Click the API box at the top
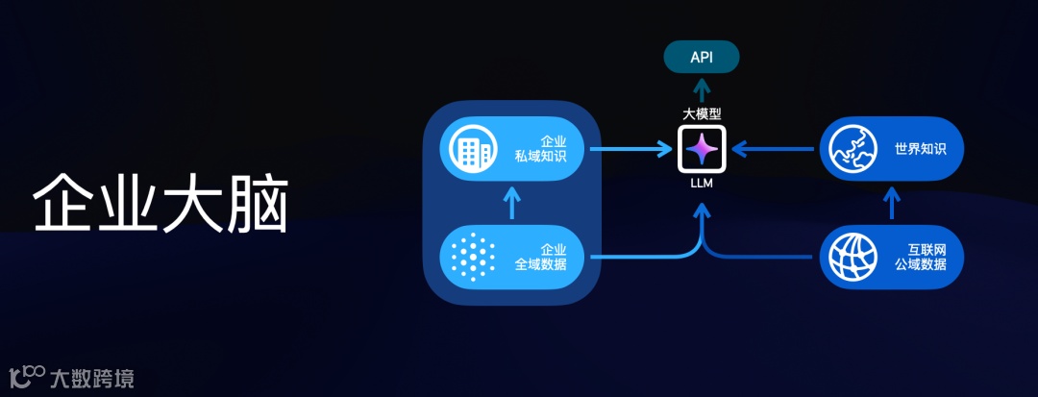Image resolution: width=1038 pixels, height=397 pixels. point(702,58)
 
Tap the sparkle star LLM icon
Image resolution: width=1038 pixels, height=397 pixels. point(701,149)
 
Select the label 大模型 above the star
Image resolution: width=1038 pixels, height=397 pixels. point(702,113)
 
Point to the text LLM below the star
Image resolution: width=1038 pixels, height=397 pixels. point(702,183)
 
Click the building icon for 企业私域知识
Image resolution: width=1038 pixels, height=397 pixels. point(470,149)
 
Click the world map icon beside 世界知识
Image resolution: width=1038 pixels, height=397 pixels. point(852,149)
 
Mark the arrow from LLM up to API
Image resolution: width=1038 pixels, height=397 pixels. point(702,90)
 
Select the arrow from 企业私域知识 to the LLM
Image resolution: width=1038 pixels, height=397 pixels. point(630,149)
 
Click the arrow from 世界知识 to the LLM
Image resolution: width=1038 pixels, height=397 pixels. point(775,149)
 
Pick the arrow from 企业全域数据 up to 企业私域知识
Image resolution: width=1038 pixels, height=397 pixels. point(511,203)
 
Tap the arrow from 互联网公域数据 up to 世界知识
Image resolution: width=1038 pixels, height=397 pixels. point(893,203)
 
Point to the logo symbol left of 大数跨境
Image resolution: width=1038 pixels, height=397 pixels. point(26,376)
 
